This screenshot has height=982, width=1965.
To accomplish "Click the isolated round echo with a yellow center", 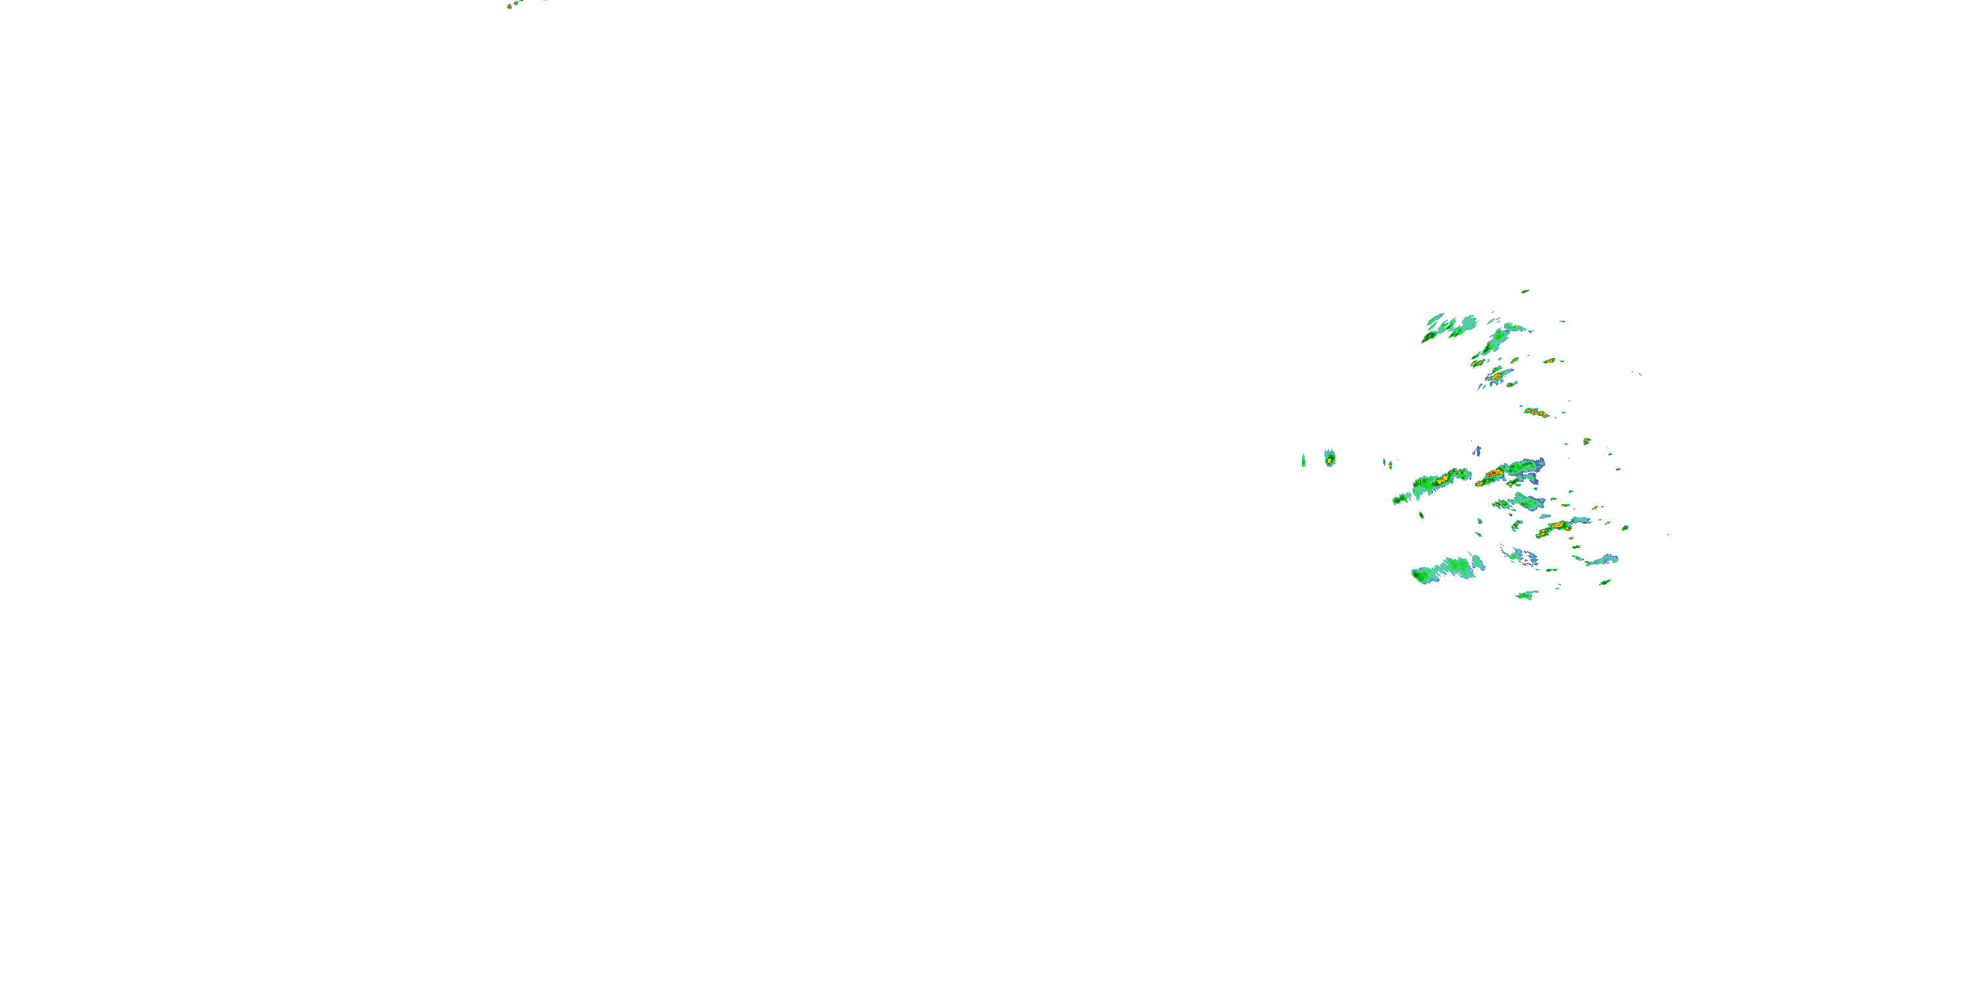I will pos(1330,458).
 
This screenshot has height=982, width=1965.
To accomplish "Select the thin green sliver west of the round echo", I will pos(1303,460).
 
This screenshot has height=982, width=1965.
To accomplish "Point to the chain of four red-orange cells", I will pos(1535,412).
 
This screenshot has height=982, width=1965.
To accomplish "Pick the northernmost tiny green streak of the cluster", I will pos(1525,291).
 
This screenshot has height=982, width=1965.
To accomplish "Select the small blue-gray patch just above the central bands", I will pos(1477,451).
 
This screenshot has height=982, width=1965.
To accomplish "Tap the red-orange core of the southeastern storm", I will pos(1556,526).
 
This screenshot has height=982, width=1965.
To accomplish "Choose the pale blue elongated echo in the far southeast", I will pos(1602,560).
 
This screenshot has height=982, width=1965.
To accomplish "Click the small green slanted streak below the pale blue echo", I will pos(1605,583).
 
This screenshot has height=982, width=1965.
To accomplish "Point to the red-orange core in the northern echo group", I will pos(1497,376).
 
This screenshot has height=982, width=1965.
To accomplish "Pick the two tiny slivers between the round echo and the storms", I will pos(1387,463).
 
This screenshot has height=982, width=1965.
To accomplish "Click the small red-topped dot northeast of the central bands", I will pos(1586,441).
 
